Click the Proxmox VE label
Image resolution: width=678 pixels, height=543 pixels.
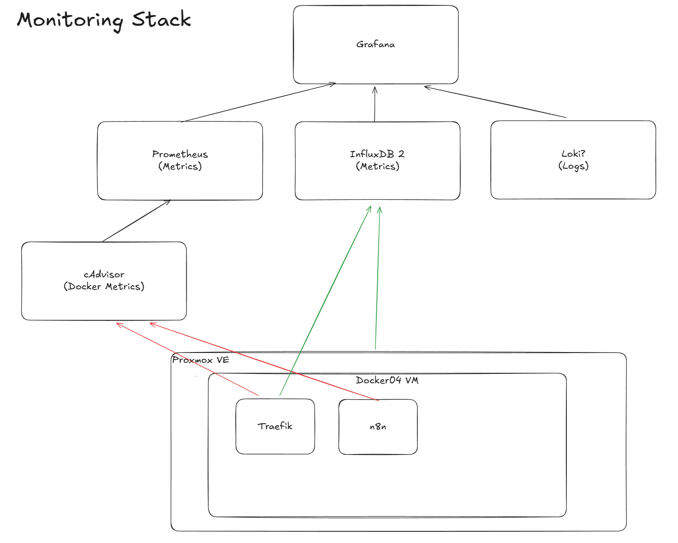click(x=201, y=360)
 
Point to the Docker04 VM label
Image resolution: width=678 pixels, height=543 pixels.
click(x=387, y=380)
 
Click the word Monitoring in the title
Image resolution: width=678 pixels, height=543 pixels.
click(x=70, y=20)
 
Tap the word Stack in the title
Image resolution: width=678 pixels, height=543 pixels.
click(x=161, y=20)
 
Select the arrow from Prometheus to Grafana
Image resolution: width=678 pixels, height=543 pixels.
click(x=258, y=103)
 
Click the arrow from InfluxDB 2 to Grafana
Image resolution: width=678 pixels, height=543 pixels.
click(x=375, y=105)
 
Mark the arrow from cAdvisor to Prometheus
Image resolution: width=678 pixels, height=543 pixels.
click(x=136, y=221)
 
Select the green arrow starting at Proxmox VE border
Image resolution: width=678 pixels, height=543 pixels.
click(x=378, y=278)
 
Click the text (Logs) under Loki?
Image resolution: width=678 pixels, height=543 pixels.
click(x=573, y=166)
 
